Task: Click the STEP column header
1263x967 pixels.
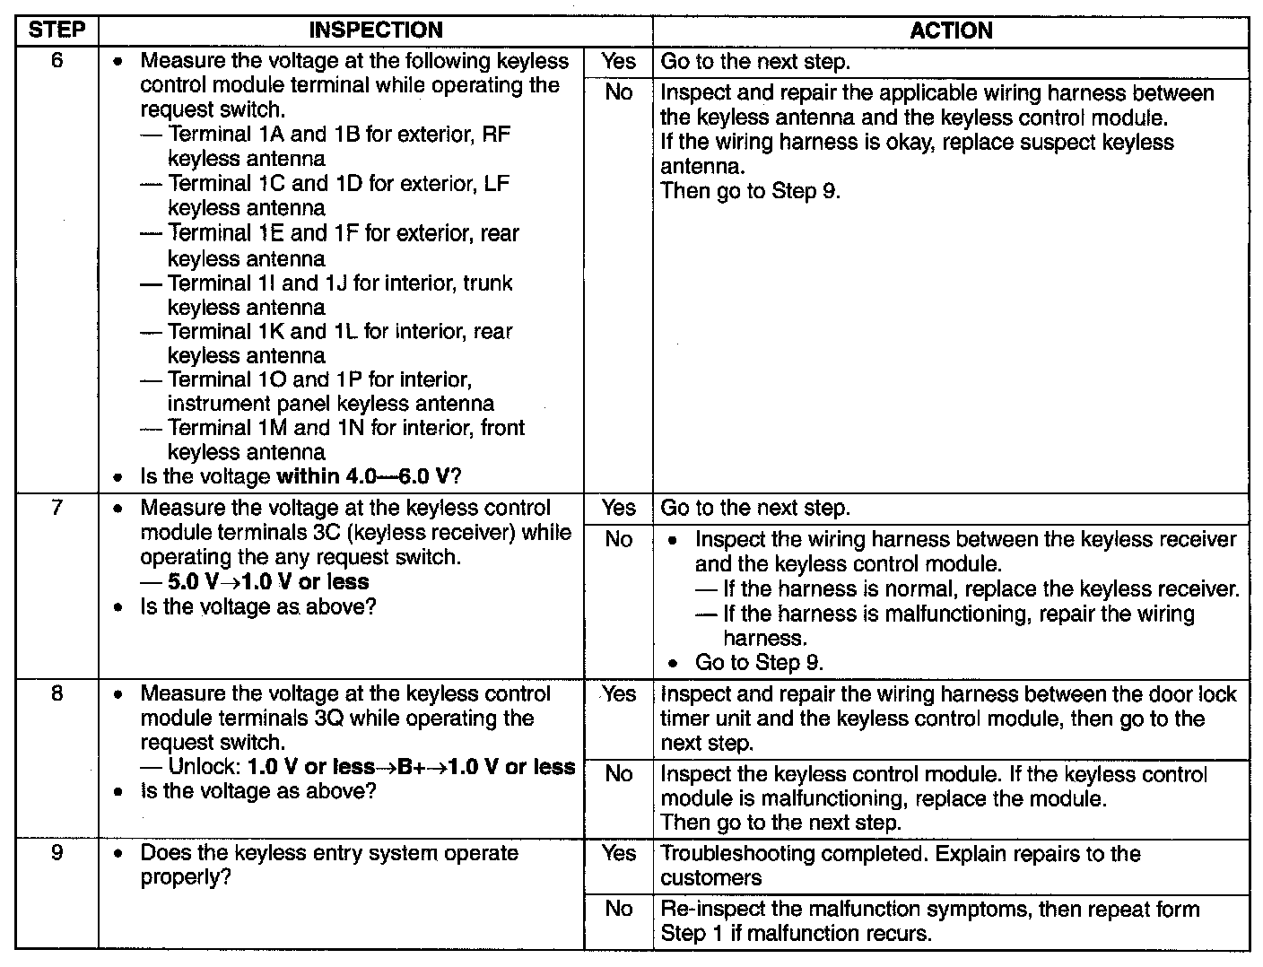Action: [57, 30]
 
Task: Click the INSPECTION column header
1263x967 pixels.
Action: [375, 30]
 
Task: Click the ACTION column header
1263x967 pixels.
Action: [951, 30]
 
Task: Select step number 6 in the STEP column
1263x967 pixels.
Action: [57, 62]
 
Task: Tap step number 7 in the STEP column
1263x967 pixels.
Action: [57, 509]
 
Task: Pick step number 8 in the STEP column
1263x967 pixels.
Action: [57, 694]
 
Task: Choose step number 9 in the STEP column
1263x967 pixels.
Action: [57, 853]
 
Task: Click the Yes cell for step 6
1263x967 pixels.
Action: [618, 62]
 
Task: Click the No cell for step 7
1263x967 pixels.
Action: [618, 540]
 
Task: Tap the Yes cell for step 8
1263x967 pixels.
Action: [618, 694]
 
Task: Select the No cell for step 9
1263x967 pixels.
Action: [618, 909]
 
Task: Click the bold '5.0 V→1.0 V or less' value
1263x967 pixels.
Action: [268, 582]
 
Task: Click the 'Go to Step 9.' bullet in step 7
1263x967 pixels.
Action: [759, 663]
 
